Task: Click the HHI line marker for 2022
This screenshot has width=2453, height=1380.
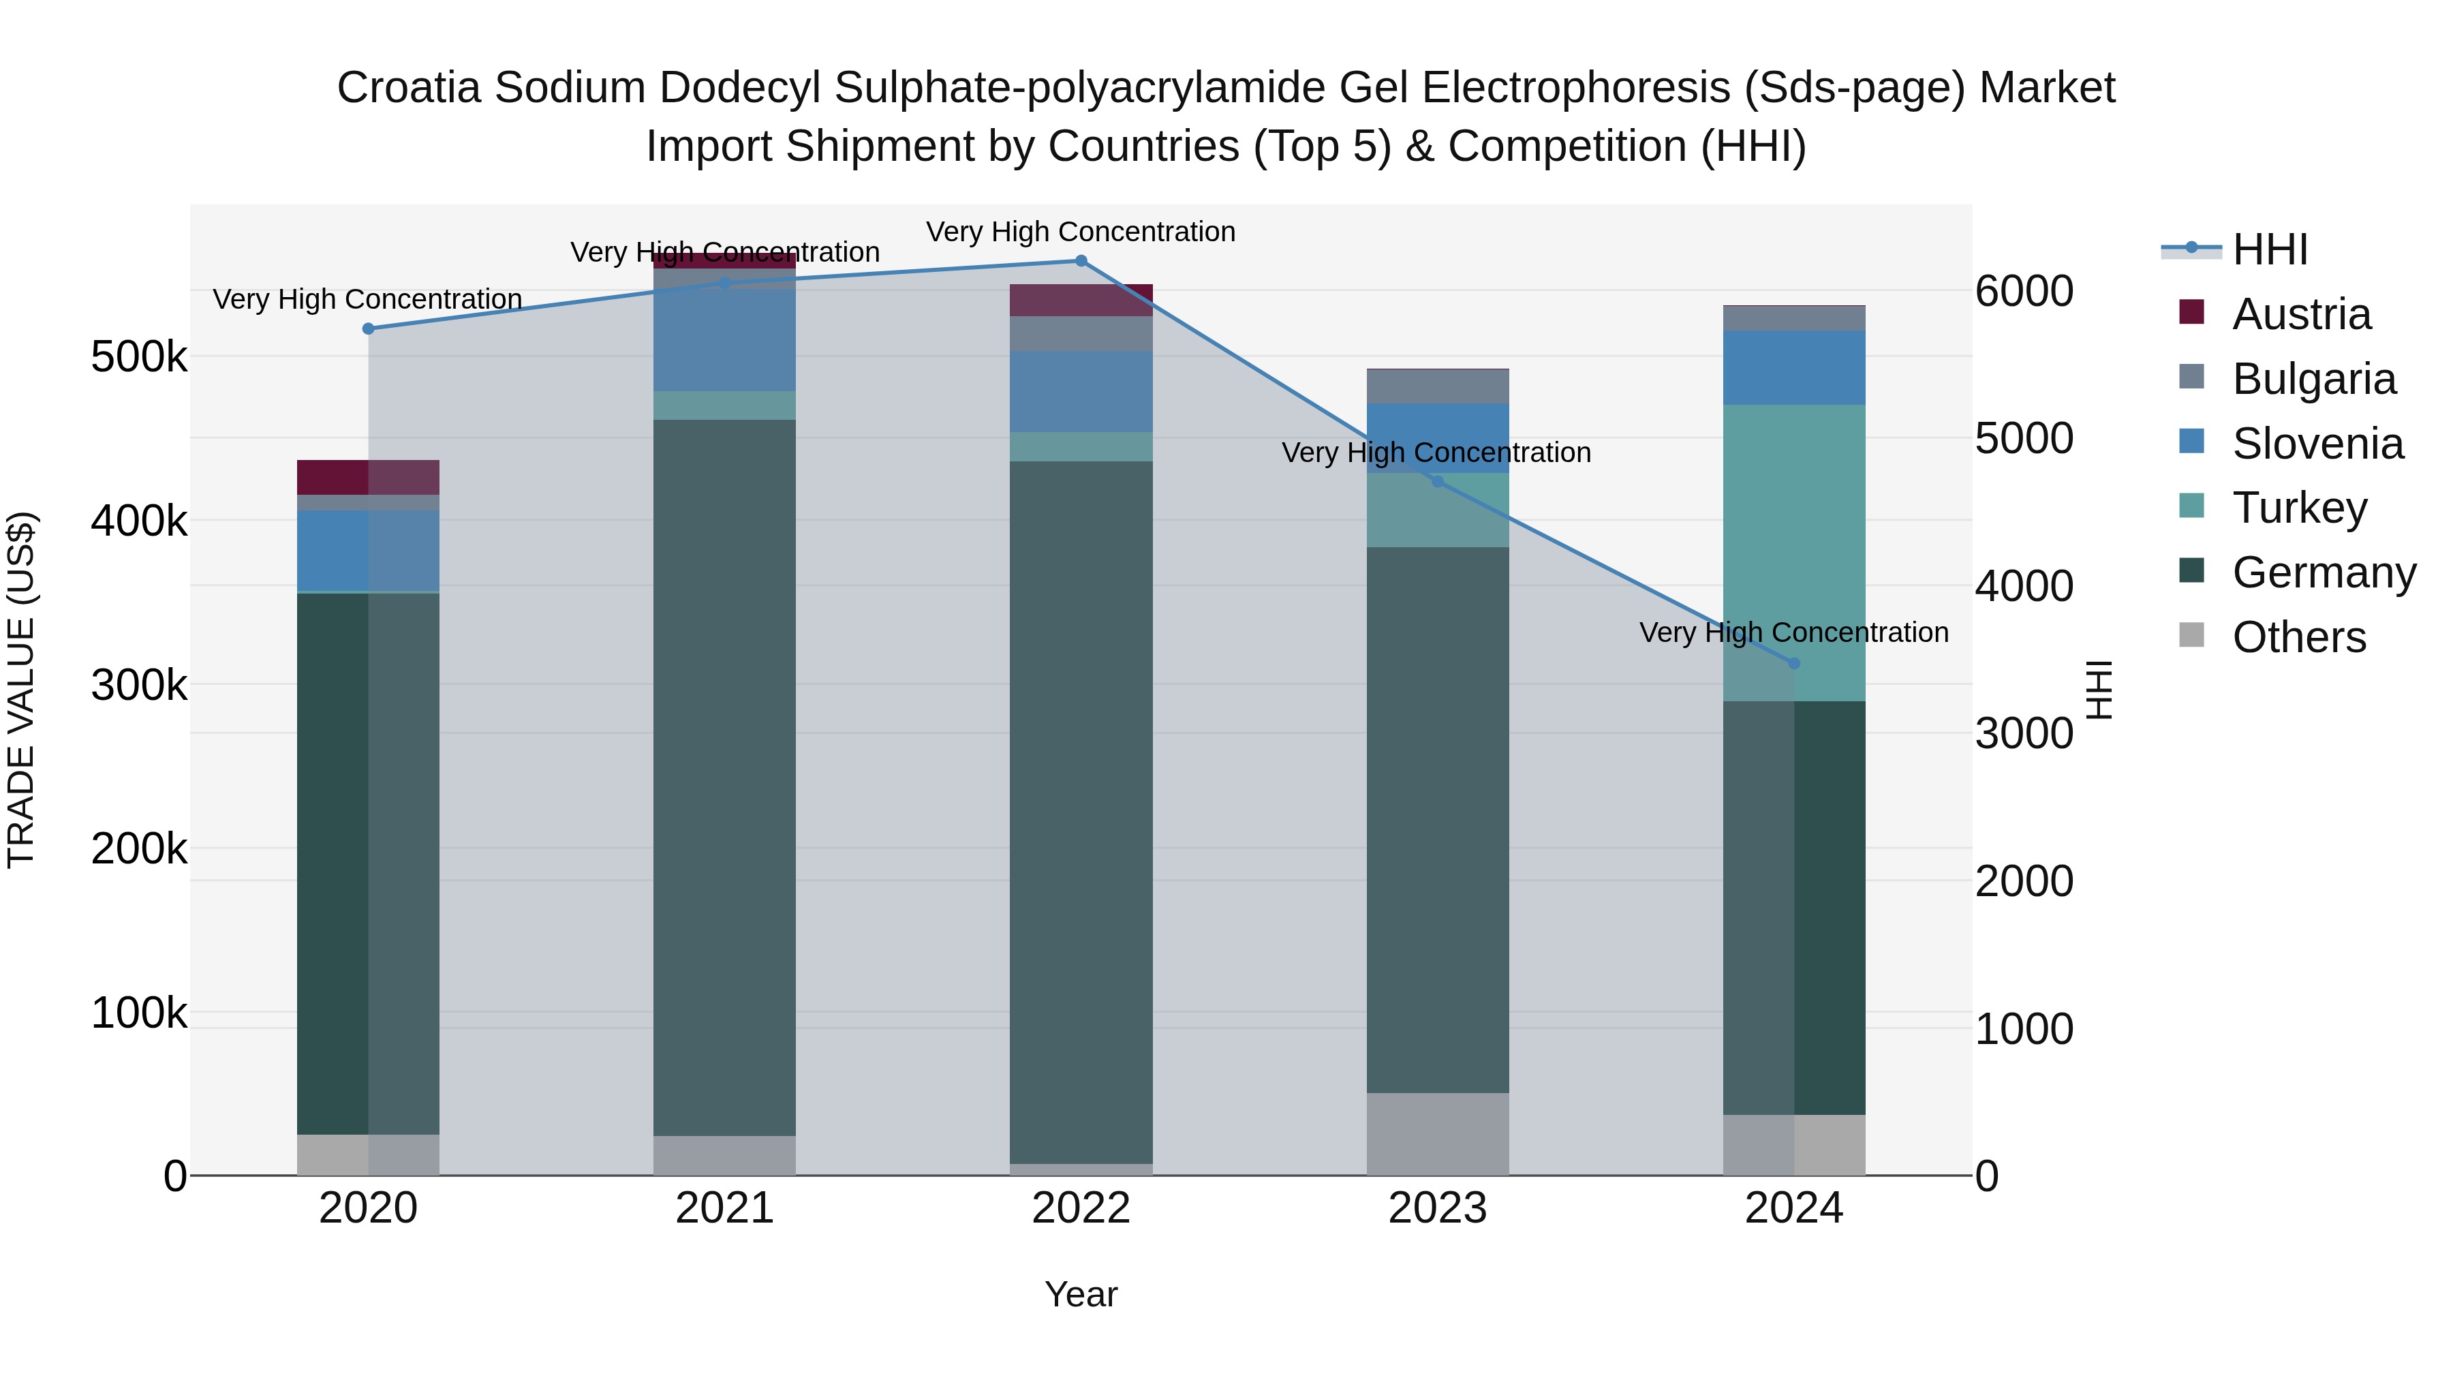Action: coord(1081,261)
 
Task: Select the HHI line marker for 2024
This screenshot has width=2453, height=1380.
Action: coord(1794,663)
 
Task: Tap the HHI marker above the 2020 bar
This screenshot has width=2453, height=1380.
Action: coord(369,328)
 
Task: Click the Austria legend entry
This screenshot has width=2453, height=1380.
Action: coord(2300,314)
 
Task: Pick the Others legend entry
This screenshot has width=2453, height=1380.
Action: coord(2298,637)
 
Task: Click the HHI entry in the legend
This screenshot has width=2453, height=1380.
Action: coord(2269,249)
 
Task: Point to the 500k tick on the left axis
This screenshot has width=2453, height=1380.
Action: coord(139,358)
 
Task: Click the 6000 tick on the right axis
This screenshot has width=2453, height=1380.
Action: coord(2024,292)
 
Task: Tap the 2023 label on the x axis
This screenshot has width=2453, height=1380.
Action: coord(1437,1208)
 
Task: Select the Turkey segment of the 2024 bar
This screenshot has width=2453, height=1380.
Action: coord(1794,553)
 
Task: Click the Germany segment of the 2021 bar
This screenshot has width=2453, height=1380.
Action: coord(725,776)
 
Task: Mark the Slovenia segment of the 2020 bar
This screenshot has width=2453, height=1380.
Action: coord(369,551)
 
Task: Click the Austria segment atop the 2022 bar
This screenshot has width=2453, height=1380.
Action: coord(1081,300)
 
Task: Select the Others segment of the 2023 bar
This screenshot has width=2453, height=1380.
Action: coord(1437,1133)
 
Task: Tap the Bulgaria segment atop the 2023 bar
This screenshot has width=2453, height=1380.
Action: coord(1437,386)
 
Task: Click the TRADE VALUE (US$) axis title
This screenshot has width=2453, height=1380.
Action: coord(21,690)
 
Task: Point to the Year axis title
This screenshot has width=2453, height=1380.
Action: coord(1081,1294)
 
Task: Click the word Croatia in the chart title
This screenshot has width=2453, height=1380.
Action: coord(410,89)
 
